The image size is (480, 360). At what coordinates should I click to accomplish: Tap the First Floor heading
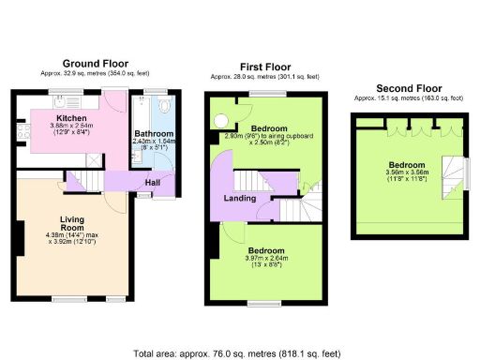265,67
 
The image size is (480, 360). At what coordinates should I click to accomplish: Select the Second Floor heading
408,88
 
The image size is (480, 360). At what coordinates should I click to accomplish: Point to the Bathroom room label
149,133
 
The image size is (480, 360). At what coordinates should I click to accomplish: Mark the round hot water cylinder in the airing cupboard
222,120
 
